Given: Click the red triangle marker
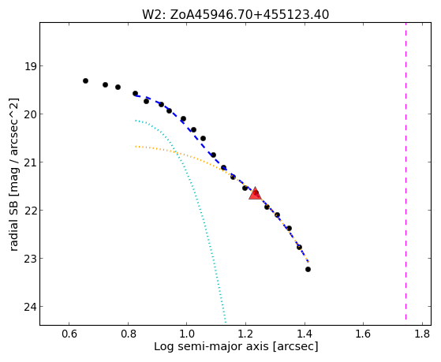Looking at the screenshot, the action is click(255, 193).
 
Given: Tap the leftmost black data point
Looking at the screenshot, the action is click(85, 80).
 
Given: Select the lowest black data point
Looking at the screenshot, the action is click(308, 269).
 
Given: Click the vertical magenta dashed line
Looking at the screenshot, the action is click(405, 171).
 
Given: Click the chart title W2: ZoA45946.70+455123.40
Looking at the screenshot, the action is click(235, 15).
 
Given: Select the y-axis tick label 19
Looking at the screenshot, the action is click(30, 66).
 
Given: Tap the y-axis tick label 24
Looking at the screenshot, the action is click(30, 307).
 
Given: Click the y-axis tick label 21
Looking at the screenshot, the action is click(30, 162).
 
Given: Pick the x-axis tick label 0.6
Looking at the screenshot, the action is click(69, 334).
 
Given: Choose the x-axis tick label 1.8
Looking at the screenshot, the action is click(422, 334).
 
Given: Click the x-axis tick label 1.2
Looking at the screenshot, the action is click(245, 334).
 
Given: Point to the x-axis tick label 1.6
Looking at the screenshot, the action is click(364, 334).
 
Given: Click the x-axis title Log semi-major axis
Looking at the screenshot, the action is click(211, 346).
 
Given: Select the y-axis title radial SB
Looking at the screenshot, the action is click(14, 224).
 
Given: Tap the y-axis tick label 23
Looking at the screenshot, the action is click(30, 259).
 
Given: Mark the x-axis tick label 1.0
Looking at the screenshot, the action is click(187, 334).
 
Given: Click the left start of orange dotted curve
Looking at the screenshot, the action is click(136, 146).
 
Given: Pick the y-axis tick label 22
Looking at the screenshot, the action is click(30, 211).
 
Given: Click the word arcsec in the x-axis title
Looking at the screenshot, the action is click(295, 346).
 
